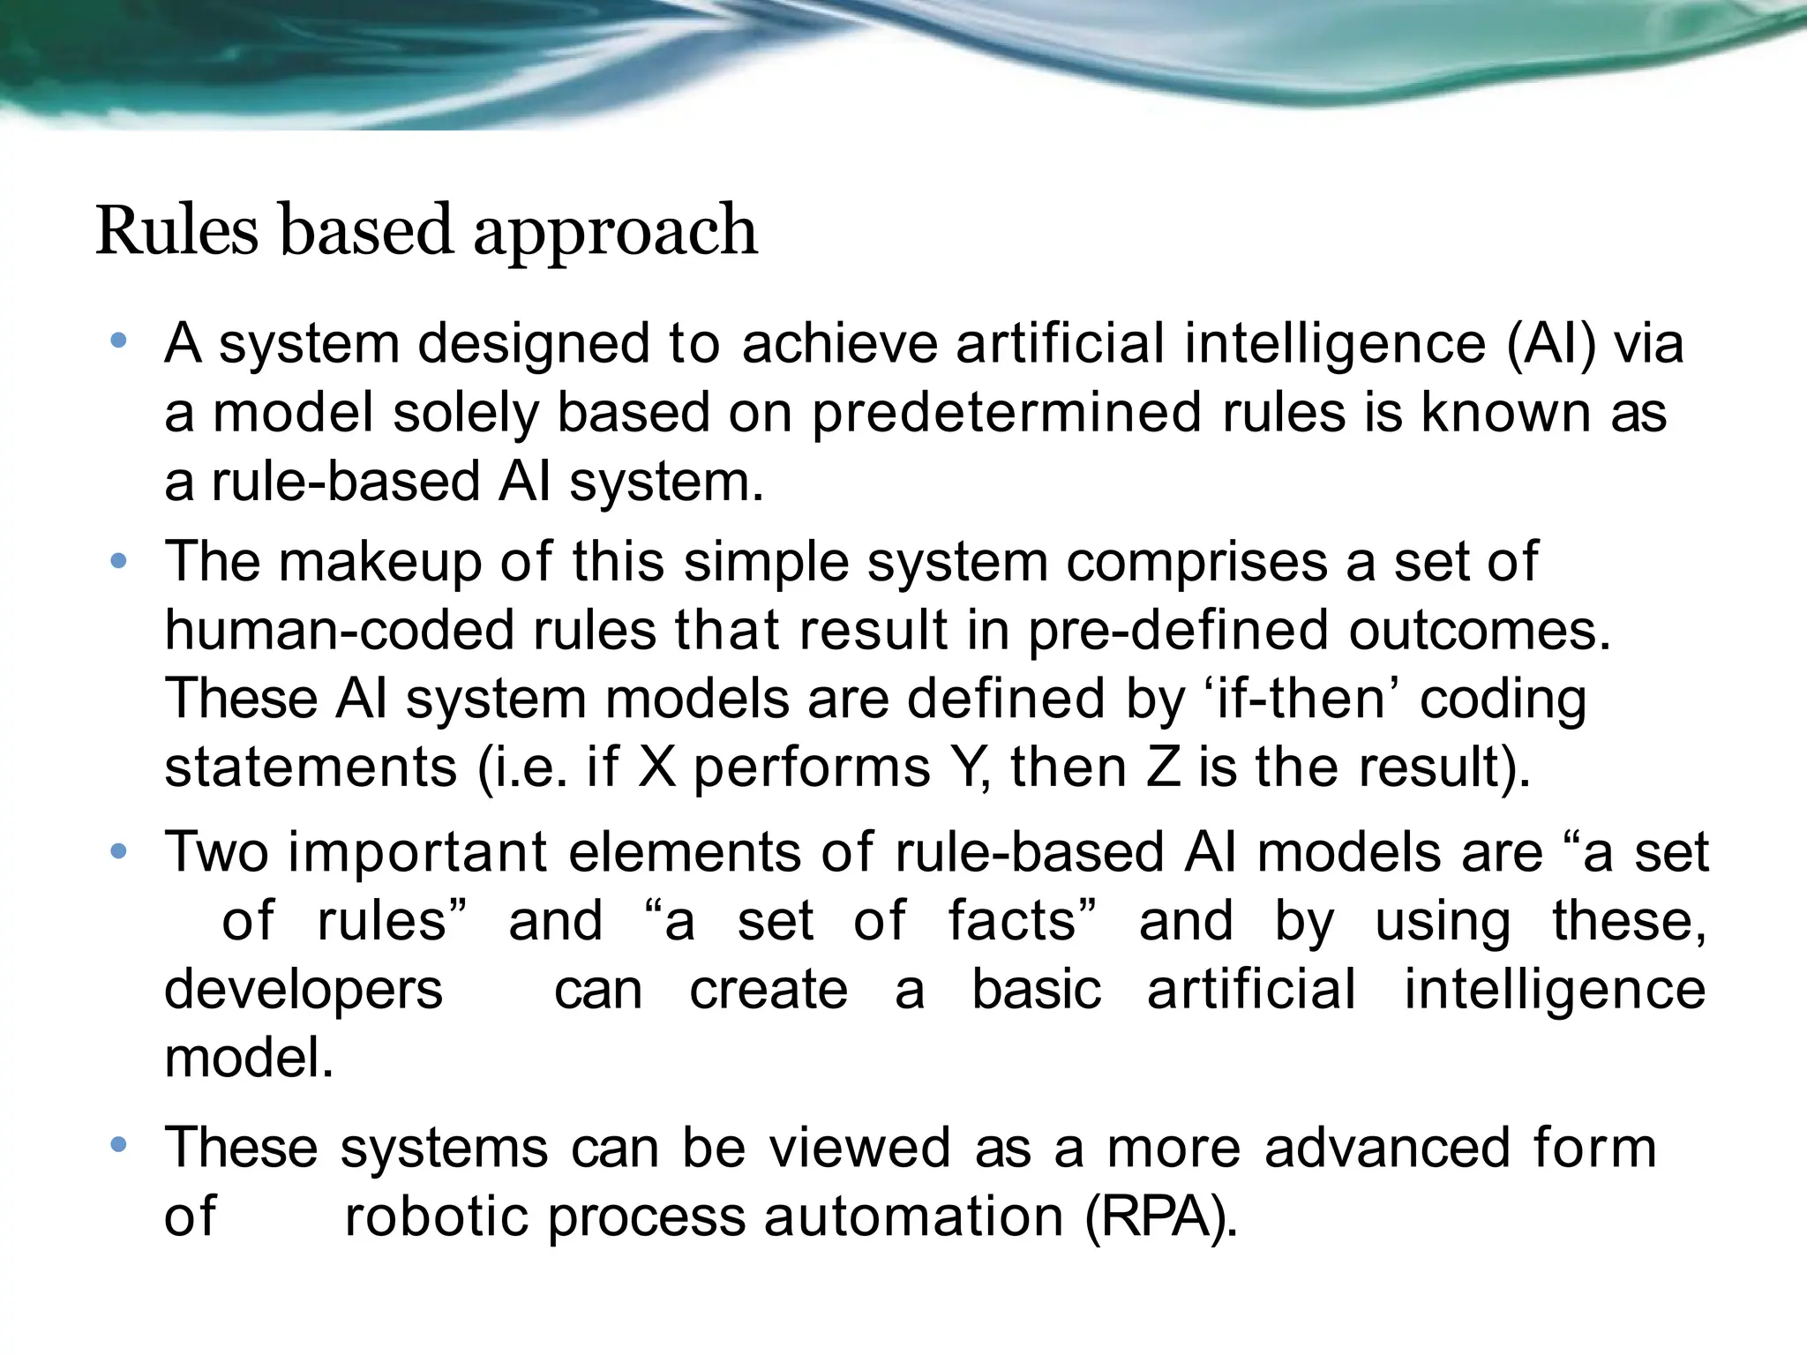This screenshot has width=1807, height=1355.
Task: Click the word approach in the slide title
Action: tap(615, 232)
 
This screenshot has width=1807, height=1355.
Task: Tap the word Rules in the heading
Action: tap(176, 230)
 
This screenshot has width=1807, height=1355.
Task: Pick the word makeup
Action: tap(380, 562)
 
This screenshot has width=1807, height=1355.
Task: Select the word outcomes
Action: tap(1479, 630)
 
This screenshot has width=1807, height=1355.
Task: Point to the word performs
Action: tap(812, 767)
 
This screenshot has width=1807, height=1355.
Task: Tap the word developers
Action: tap(304, 990)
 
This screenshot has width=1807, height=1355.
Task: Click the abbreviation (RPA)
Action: tap(1159, 1217)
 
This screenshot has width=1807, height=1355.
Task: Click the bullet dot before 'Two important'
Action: tap(119, 851)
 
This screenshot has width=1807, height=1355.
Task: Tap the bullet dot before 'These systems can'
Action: tap(119, 1146)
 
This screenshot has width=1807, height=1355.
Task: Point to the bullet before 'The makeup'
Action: tap(119, 561)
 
